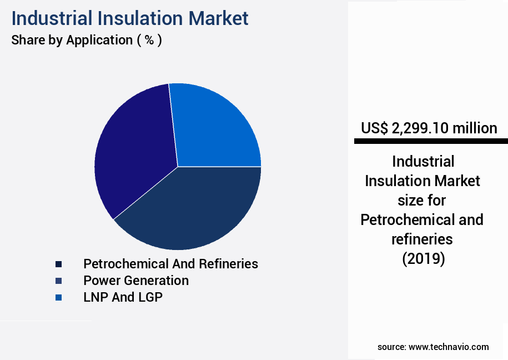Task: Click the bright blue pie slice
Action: [217, 128]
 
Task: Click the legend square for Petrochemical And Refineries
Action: [58, 264]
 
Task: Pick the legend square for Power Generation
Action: [58, 281]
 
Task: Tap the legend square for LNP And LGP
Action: [58, 298]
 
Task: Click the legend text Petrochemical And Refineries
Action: [170, 263]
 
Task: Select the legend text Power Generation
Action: [136, 281]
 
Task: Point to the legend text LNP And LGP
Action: [123, 297]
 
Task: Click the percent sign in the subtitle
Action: [149, 40]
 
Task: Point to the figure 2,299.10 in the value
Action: [420, 128]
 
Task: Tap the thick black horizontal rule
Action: [431, 142]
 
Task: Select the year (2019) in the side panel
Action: [423, 259]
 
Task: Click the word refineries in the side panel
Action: [423, 239]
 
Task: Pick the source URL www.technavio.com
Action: [449, 347]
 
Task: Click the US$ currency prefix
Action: [374, 128]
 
